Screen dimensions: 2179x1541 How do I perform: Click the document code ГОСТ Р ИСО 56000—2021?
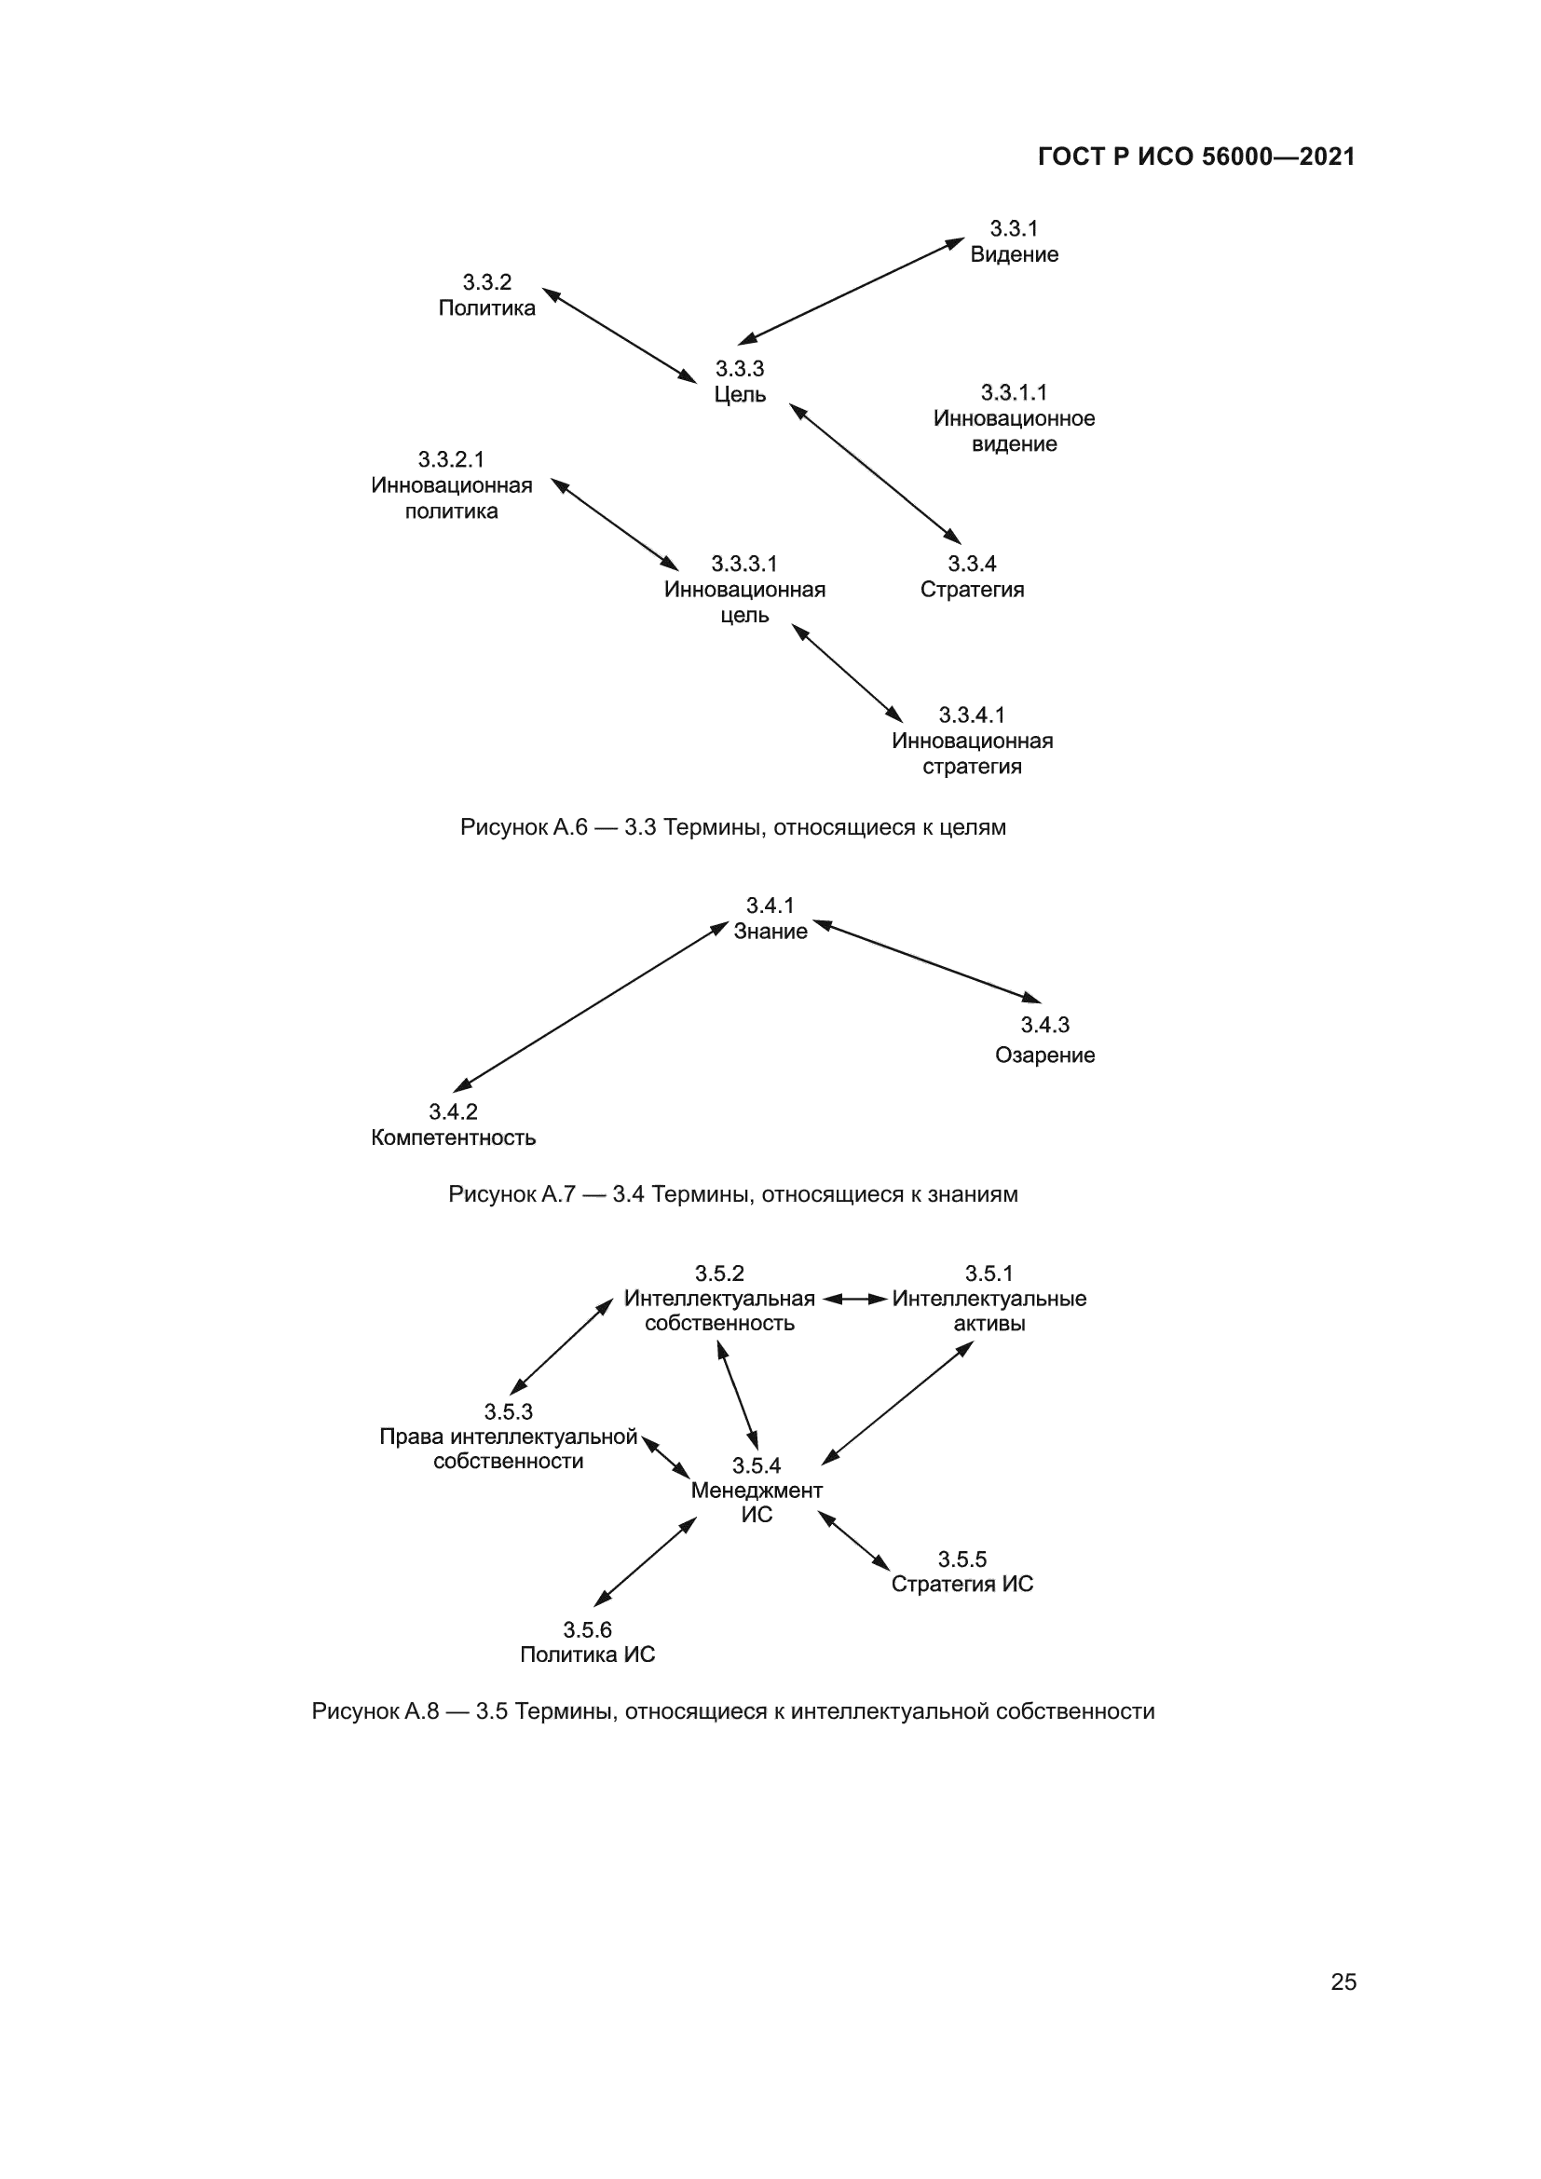click(1195, 157)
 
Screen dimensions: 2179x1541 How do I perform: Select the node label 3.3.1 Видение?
click(1014, 242)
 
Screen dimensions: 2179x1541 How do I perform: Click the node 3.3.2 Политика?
click(486, 295)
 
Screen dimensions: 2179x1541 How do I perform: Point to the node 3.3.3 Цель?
click(739, 382)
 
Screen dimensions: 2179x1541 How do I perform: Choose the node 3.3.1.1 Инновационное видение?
click(1014, 418)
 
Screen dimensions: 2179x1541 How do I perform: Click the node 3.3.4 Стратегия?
click(972, 577)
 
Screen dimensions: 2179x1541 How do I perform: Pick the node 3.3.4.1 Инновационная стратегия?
click(972, 741)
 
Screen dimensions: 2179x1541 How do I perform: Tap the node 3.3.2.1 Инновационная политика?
click(452, 486)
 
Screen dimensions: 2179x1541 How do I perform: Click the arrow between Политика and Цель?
click(619, 336)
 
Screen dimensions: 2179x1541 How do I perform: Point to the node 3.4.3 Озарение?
click(1043, 1041)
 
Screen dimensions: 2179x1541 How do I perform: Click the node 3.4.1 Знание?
click(770, 919)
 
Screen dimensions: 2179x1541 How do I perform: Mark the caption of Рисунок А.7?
click(732, 1194)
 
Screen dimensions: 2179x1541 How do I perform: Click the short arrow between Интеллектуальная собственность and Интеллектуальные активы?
click(855, 1299)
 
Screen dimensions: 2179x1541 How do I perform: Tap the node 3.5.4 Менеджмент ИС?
click(757, 1490)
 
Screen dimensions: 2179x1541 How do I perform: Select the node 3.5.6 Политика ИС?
click(587, 1642)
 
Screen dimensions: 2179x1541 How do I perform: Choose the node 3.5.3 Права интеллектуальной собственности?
click(509, 1437)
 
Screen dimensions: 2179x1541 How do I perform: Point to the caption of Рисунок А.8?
click(732, 1711)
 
